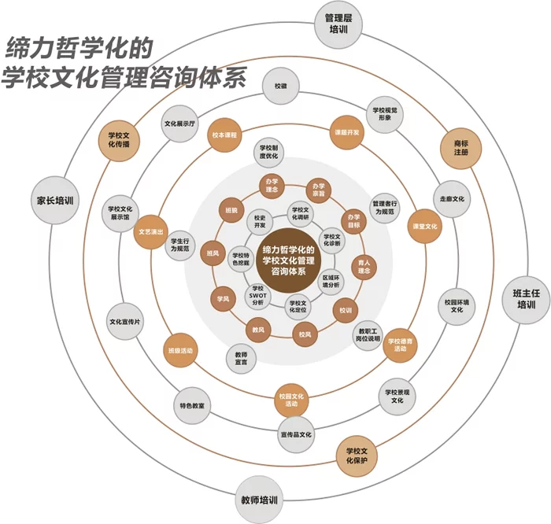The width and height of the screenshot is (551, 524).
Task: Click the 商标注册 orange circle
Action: [x=461, y=148]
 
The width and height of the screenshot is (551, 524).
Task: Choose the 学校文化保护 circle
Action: [x=357, y=456]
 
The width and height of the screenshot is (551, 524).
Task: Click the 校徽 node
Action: [x=280, y=85]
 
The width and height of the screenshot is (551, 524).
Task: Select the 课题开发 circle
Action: [x=346, y=132]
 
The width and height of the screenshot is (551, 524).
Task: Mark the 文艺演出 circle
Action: [x=150, y=232]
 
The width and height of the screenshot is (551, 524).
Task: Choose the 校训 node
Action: [x=346, y=310]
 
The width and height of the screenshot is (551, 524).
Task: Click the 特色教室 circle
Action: [x=192, y=405]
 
